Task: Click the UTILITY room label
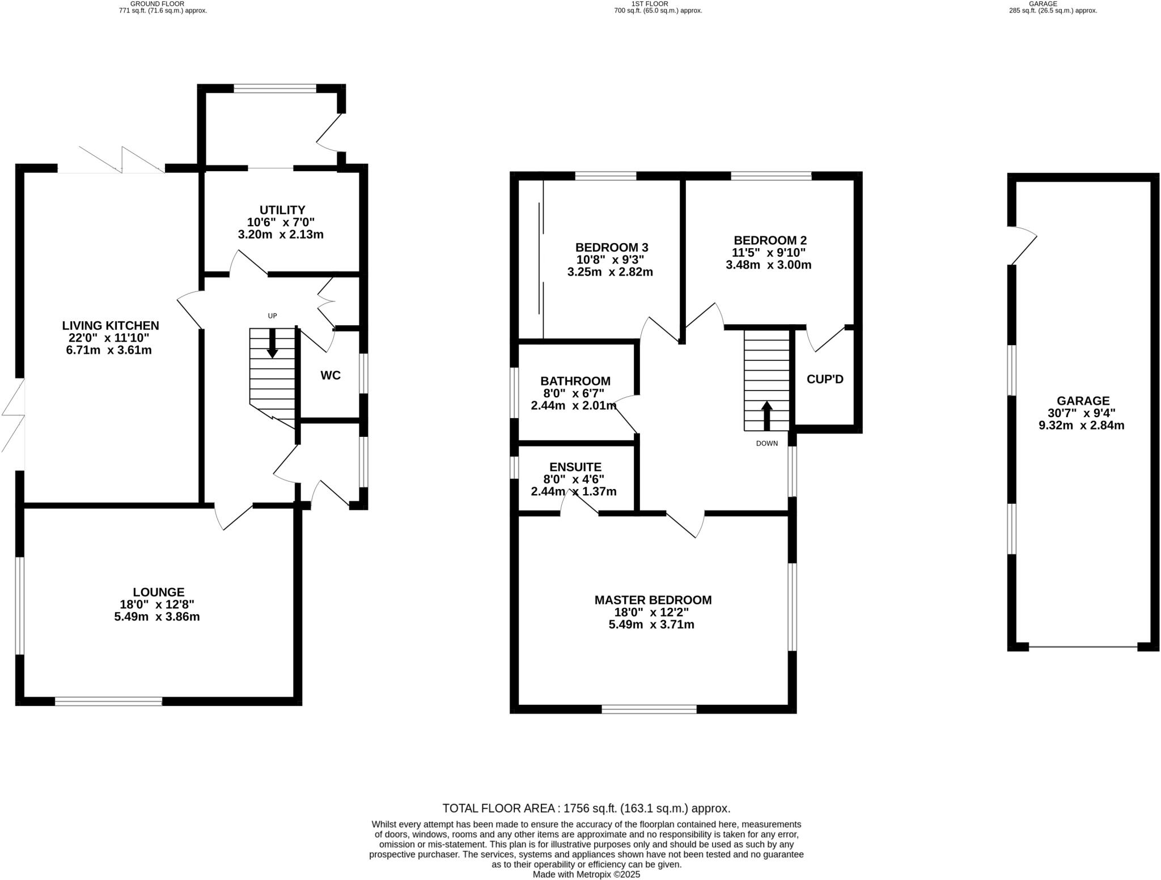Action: (282, 210)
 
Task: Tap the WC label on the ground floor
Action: (330, 375)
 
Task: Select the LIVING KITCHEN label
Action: (111, 325)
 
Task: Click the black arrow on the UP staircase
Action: (272, 343)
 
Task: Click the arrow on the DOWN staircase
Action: (766, 416)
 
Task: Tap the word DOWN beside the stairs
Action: (766, 443)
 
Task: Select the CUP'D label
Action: (825, 379)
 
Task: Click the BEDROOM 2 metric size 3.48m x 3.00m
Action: (768, 265)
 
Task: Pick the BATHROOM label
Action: (575, 381)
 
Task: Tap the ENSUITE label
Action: (575, 467)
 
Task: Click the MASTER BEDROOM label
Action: (652, 600)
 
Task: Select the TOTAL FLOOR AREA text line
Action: (586, 808)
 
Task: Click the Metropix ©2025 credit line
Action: (586, 874)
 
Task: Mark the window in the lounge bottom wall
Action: (108, 701)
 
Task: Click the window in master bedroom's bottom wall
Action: (649, 709)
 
